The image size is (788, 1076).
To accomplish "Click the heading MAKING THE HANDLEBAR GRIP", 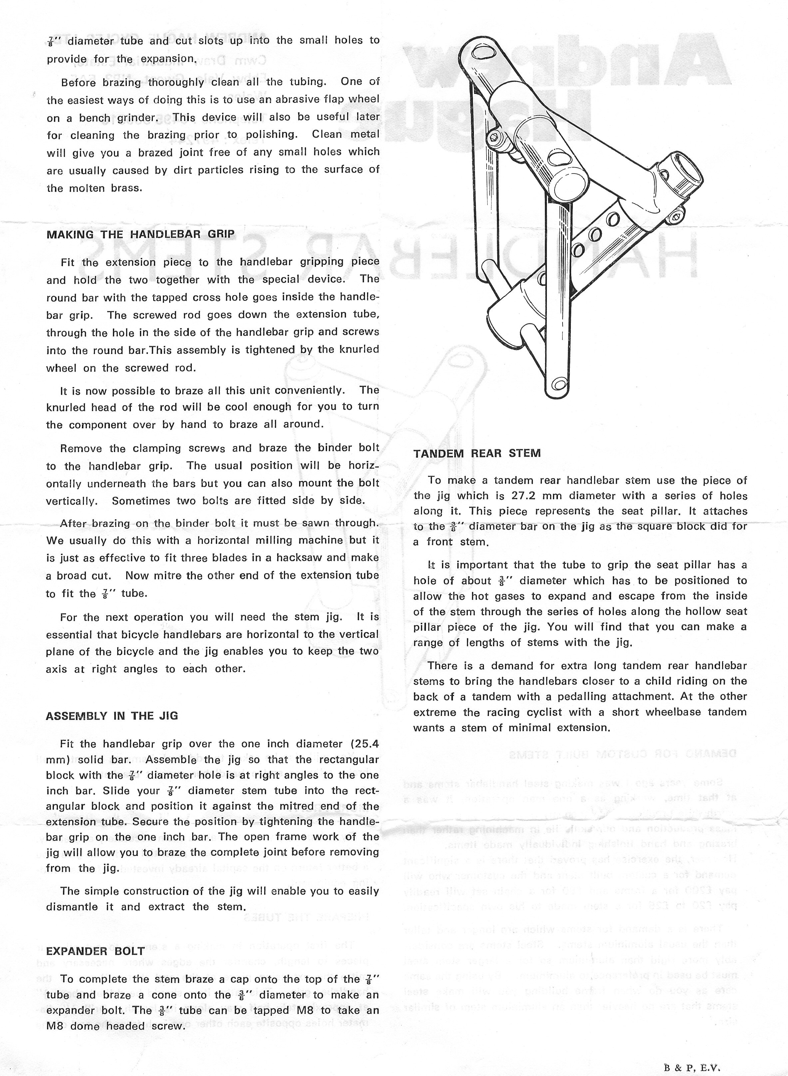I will click(140, 234).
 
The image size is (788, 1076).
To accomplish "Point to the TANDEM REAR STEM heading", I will click(477, 453).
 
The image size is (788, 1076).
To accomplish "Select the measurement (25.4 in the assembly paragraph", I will click(364, 744).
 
